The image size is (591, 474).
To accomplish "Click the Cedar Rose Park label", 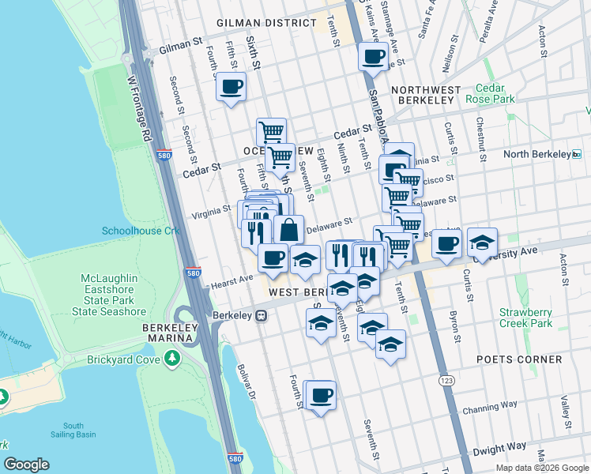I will (x=495, y=93).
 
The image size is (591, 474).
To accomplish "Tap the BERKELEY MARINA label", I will (x=167, y=333).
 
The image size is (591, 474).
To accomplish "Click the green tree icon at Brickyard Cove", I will (x=172, y=359).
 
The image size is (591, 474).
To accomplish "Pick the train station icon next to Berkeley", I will (x=260, y=315).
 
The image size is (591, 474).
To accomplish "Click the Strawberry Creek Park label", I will (x=525, y=318).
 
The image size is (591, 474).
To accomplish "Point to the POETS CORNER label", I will (x=519, y=359).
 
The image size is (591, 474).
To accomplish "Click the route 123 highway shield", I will (x=446, y=381).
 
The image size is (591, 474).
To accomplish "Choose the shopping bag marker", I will (x=289, y=231).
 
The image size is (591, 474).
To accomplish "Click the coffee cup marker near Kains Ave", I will (x=373, y=57).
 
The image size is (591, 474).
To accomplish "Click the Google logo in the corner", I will (x=26, y=465).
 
